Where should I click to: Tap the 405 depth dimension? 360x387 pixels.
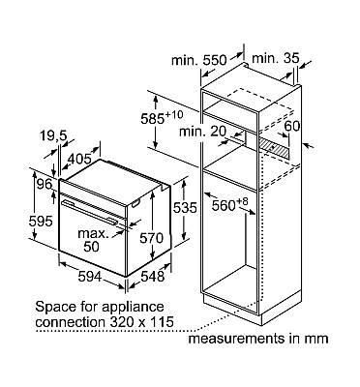pos(80,159)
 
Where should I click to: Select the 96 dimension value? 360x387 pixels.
pos(45,184)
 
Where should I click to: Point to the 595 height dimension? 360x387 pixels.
pos(41,222)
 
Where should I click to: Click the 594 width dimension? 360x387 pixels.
pos(89,277)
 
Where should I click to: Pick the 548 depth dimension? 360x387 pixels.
pos(153,277)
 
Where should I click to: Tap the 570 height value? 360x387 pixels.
pos(152,238)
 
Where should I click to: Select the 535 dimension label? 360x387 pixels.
pos(185,208)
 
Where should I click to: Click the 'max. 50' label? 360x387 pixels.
pos(93,240)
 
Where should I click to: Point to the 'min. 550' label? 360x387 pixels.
pos(199,60)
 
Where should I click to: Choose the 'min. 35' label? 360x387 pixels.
pos(276,58)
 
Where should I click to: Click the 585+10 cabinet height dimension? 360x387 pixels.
pos(162,118)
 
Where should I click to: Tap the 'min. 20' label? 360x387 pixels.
pos(203,132)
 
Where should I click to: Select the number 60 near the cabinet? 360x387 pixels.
pos(292,126)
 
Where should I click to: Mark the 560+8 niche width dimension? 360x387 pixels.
pos(229,204)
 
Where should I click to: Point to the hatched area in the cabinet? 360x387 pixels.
pos(274,148)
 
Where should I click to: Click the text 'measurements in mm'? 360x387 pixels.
pos(258,339)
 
